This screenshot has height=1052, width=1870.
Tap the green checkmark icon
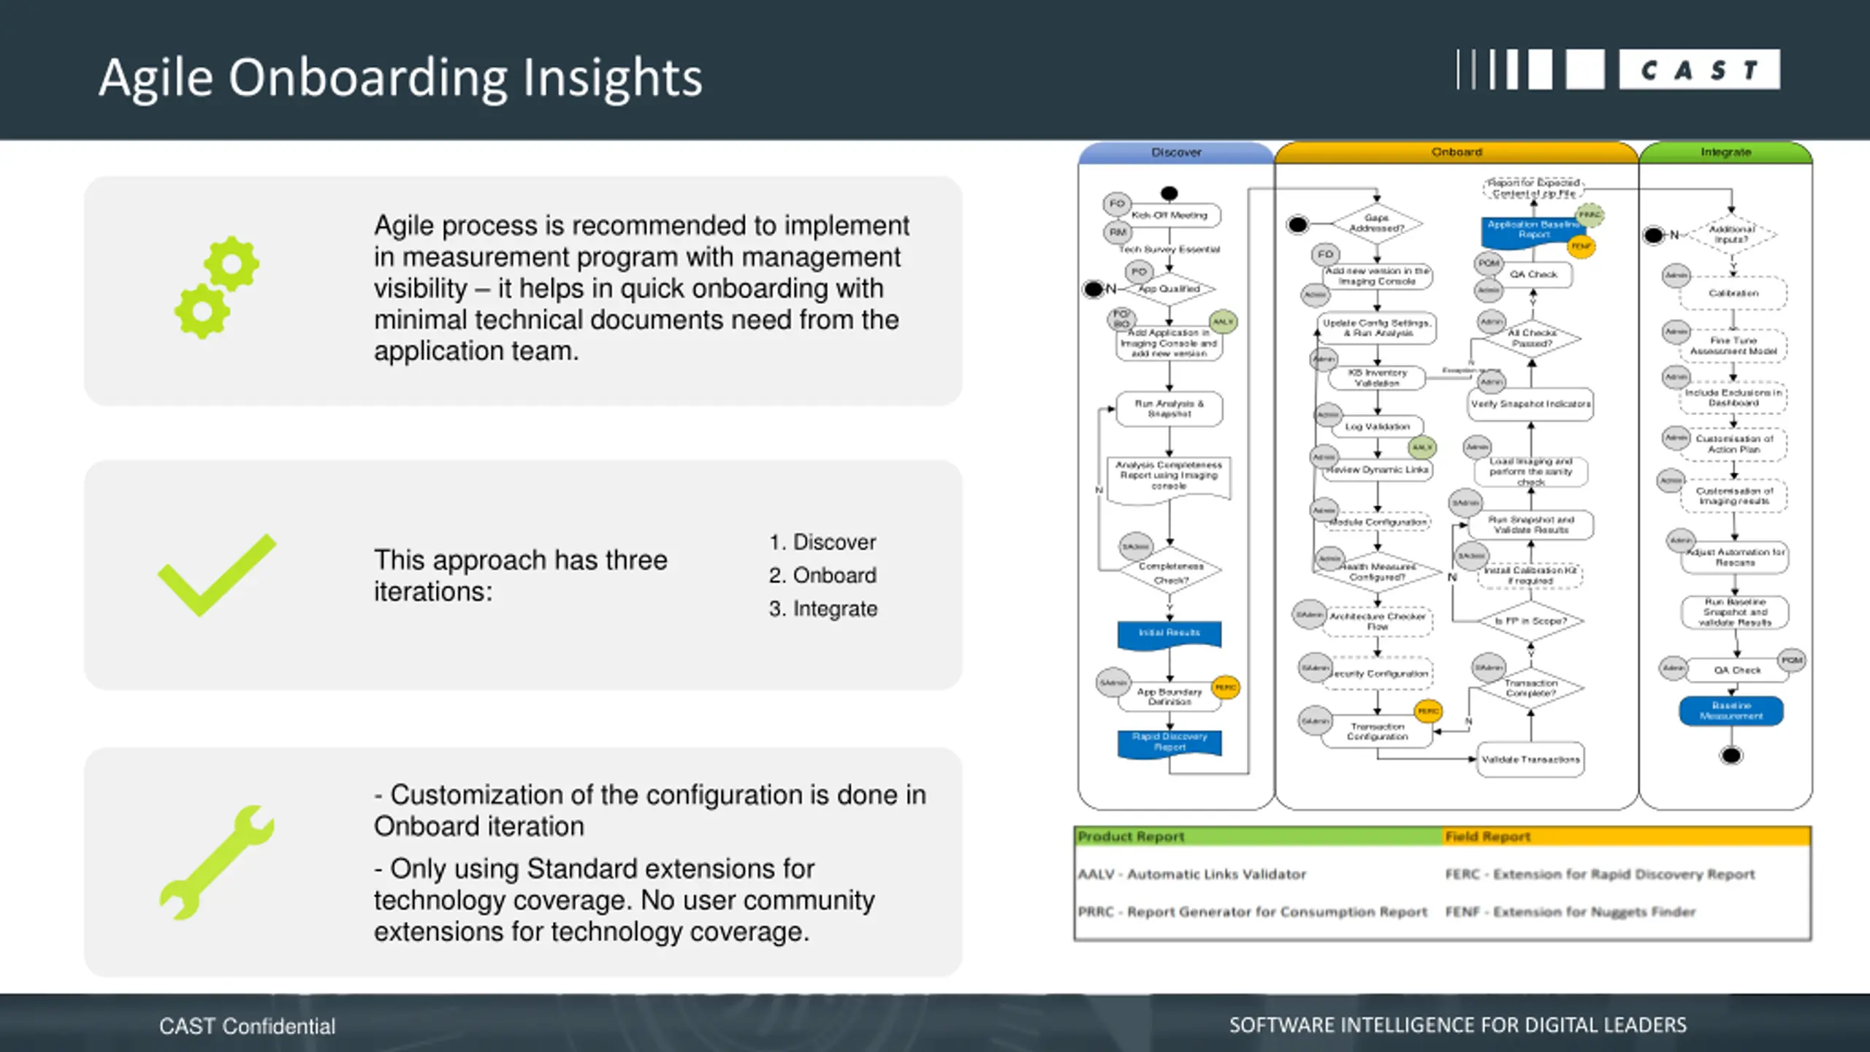217,575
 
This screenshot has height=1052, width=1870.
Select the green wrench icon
217,862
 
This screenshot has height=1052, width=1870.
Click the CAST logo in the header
1617,70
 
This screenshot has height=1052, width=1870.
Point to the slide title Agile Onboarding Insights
400,77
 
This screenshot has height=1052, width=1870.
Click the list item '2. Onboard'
823,576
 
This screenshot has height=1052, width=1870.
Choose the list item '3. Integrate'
823,609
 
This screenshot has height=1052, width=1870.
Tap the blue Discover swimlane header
1176,153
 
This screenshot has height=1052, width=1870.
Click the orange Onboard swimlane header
1457,152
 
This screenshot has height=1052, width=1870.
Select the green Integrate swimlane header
1725,152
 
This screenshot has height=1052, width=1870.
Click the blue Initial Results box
1169,633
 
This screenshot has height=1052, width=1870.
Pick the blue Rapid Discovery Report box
1169,742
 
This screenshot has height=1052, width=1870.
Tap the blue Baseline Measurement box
1731,711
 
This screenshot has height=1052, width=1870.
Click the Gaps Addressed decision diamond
1376,224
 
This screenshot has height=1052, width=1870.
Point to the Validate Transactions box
1530,760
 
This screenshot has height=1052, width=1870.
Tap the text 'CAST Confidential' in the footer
247,1026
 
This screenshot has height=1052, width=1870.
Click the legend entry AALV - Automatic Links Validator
1192,874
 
